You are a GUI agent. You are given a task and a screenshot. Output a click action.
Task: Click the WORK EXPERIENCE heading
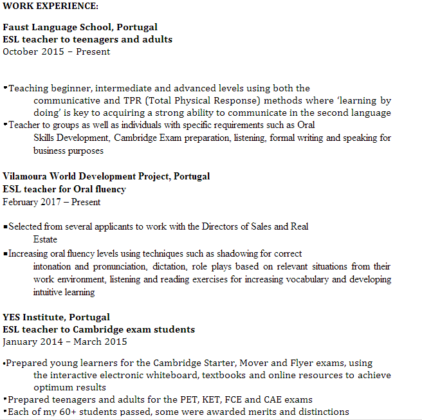(x=51, y=6)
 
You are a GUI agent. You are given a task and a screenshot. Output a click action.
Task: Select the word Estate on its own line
(x=45, y=239)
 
